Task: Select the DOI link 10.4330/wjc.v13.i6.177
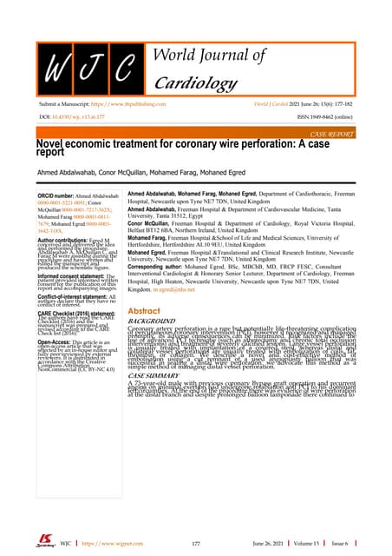(x=71, y=137)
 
